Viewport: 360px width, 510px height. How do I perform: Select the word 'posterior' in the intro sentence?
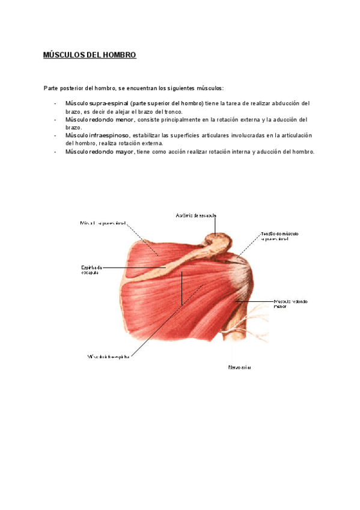tap(73, 88)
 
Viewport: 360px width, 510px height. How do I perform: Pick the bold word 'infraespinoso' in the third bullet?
tap(109, 135)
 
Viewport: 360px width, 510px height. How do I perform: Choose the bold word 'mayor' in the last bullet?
tap(123, 152)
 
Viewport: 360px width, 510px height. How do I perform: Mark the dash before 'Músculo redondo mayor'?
tap(55, 152)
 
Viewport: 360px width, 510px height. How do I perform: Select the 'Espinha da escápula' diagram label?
tap(91, 270)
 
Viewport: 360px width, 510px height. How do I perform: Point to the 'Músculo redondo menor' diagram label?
tap(290, 304)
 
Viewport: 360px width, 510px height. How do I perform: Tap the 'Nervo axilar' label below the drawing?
tap(239, 367)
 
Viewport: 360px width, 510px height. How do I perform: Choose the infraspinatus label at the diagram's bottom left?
tap(108, 356)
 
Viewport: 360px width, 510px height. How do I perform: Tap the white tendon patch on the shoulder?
tap(245, 274)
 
